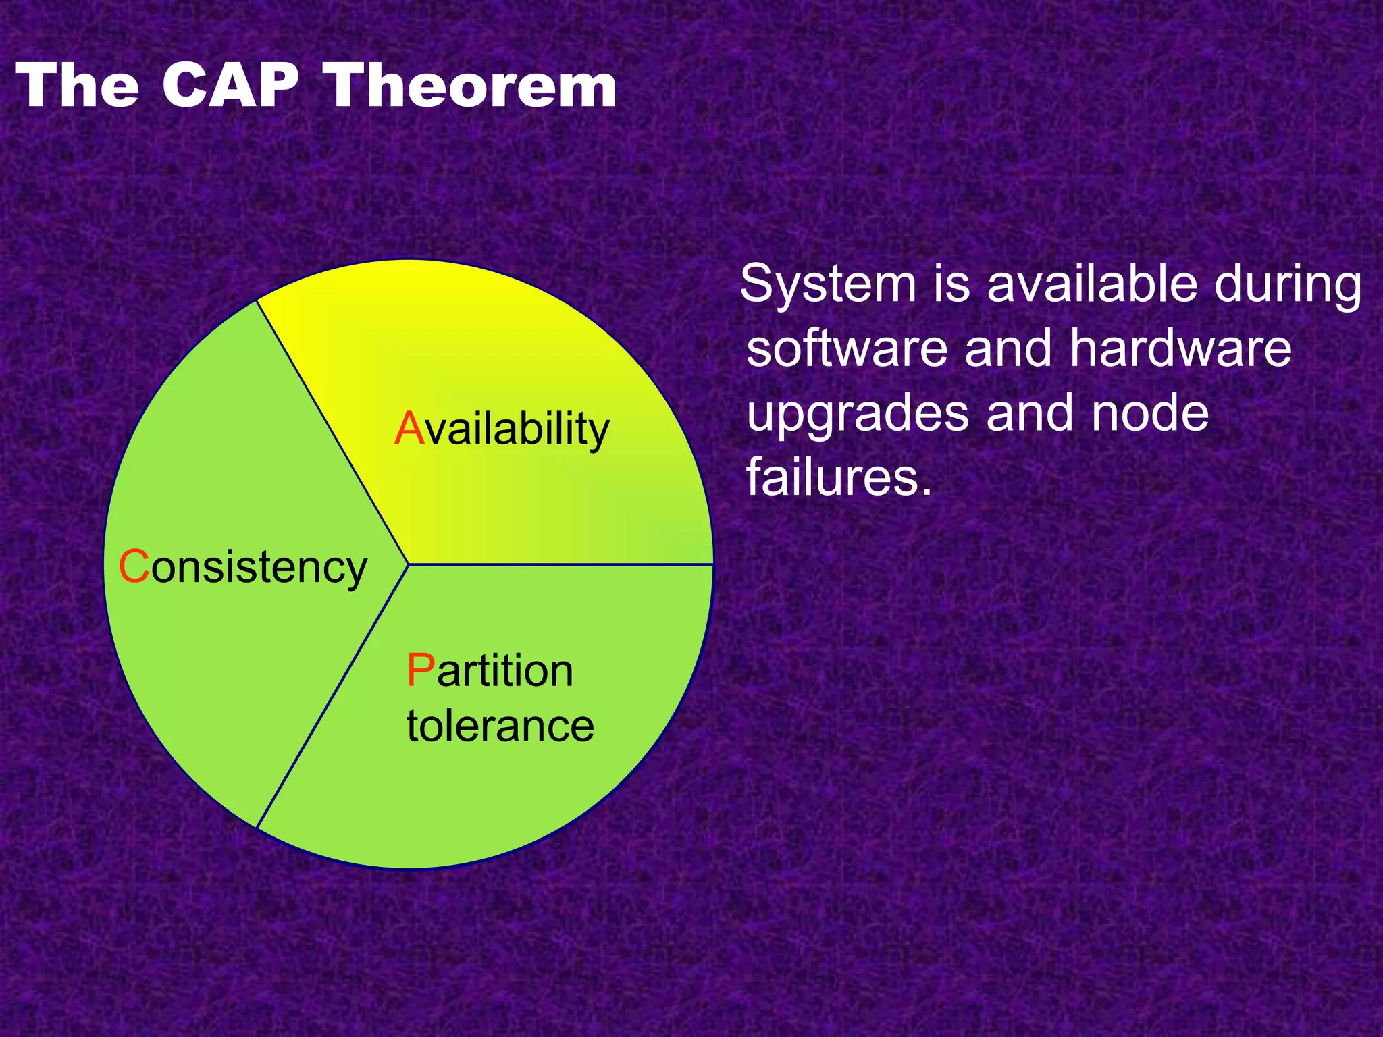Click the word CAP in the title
coord(230,86)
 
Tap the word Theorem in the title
coord(471,86)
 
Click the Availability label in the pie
coord(502,429)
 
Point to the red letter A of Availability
coord(409,429)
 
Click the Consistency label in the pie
coord(243,567)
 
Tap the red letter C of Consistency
coord(134,566)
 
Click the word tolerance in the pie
coord(500,726)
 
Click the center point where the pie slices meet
coord(409,564)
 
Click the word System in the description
coord(828,284)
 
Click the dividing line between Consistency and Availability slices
coord(332,432)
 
